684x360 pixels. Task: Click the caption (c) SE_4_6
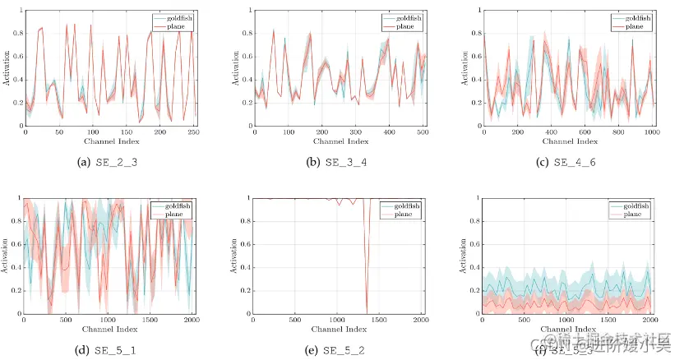[x=566, y=163]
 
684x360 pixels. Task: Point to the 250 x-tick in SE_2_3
[x=194, y=132]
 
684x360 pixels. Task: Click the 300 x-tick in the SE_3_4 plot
[x=354, y=132]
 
